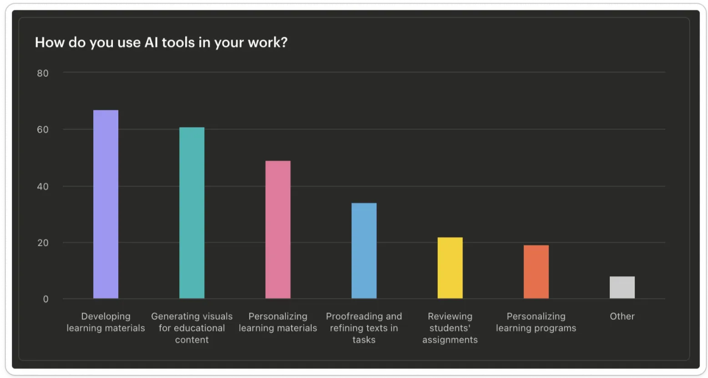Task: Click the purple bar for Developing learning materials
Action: tap(106, 204)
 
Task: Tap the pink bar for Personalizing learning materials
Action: tap(278, 229)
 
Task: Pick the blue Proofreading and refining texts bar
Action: tap(364, 250)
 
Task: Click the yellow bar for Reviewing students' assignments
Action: tap(450, 268)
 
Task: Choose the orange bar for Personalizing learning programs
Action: tap(536, 272)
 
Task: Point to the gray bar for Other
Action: tap(622, 287)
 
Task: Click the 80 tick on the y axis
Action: tap(43, 73)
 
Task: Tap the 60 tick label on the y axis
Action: tap(43, 129)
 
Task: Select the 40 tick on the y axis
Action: tap(43, 186)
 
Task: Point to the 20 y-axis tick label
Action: tap(43, 243)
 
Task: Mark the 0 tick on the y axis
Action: tap(46, 299)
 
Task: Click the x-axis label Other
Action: tap(622, 316)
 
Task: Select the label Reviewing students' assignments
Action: tap(450, 328)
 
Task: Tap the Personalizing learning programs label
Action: tap(536, 322)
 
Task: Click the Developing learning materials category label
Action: tap(106, 322)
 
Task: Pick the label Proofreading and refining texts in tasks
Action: tap(364, 328)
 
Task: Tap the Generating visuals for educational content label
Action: tap(192, 328)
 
